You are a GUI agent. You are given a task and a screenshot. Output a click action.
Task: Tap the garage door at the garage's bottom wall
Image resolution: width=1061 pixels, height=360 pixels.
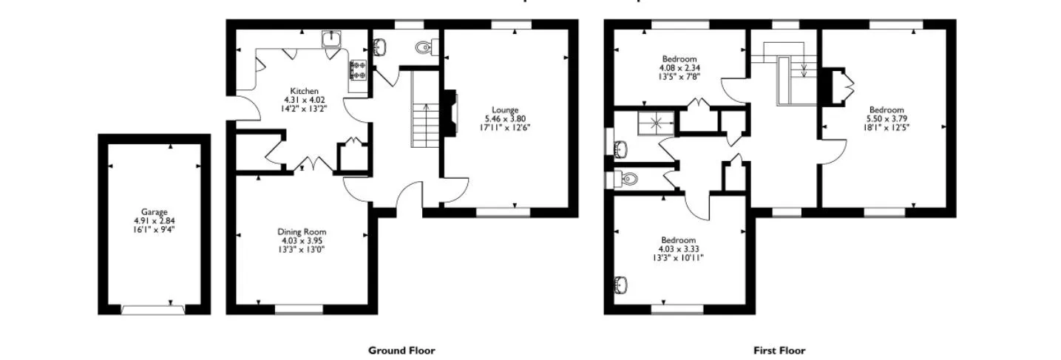[x=153, y=310]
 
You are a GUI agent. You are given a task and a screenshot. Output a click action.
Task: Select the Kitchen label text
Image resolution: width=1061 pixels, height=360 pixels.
[x=305, y=91]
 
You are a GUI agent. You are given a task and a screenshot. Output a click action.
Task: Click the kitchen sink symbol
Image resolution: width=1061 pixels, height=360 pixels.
[x=330, y=39]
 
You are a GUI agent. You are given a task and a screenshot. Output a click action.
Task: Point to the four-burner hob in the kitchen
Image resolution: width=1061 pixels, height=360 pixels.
[x=359, y=70]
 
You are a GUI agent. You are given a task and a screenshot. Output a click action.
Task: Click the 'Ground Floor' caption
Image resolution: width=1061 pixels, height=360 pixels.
[x=401, y=350]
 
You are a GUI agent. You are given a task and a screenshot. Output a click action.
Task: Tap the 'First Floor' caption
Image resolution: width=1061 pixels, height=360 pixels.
[x=779, y=350]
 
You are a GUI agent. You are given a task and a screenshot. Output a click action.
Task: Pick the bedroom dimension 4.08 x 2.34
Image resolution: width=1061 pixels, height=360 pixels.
[x=678, y=67]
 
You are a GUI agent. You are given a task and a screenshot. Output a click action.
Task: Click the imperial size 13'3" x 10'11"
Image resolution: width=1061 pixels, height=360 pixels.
[x=678, y=258]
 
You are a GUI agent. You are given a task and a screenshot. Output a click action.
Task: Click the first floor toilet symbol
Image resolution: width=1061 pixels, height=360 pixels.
[x=628, y=178]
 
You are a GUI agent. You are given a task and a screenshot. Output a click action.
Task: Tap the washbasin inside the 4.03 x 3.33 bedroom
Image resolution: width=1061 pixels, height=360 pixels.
[x=620, y=284]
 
